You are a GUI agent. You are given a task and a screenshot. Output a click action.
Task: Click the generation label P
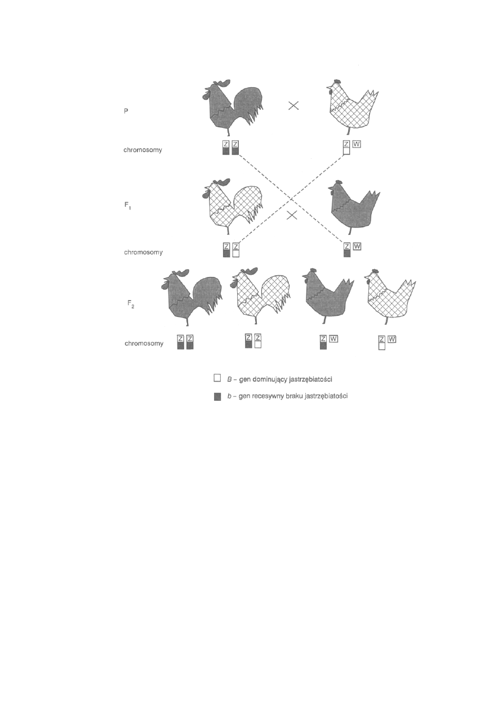[126, 111]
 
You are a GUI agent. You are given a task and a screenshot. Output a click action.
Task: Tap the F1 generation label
[127, 206]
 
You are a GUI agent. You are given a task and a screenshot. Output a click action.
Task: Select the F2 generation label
[131, 304]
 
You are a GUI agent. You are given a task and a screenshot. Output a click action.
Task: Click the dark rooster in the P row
[232, 106]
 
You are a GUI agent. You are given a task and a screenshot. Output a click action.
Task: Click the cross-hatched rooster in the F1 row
[232, 206]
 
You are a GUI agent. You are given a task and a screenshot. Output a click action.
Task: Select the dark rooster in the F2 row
[192, 297]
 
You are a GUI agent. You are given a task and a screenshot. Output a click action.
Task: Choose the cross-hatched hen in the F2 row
[389, 297]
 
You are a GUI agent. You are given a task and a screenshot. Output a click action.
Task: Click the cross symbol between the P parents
[293, 105]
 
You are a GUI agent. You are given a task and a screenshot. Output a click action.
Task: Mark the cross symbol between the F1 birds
[292, 216]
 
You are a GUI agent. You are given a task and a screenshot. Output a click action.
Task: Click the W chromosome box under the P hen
[357, 144]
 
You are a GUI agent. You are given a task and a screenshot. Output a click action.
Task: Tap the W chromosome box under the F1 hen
[357, 246]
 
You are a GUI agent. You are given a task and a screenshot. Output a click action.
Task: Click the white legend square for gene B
[217, 378]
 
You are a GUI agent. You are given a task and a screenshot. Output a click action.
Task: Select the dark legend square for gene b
[217, 396]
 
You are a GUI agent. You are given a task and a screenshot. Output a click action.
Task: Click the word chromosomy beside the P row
[143, 150]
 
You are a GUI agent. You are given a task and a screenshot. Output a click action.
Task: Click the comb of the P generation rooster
[222, 83]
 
